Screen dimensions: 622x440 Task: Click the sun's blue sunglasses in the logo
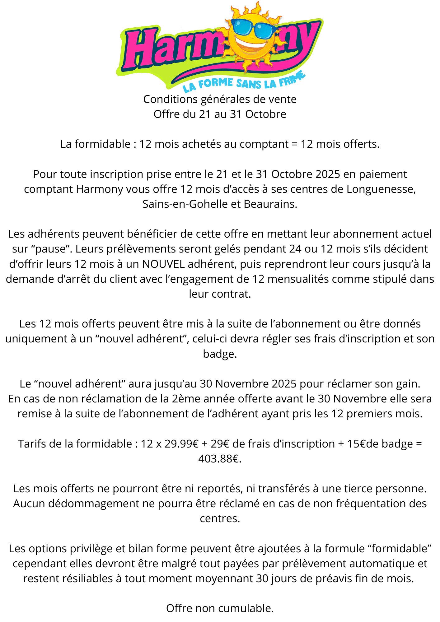click(254, 28)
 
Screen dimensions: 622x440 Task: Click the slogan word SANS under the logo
click(249, 84)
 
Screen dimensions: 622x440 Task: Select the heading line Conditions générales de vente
click(220, 99)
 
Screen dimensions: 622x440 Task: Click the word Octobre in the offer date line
click(265, 114)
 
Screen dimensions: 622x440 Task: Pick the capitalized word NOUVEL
click(163, 264)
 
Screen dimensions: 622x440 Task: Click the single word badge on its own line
click(220, 354)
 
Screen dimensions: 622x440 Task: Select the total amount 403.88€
click(220, 459)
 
